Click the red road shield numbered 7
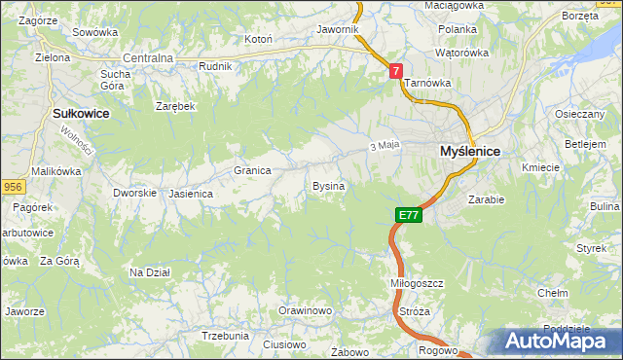(396, 70)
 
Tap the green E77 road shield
(409, 215)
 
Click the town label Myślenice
(469, 152)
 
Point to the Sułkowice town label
(80, 114)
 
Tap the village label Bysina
(328, 185)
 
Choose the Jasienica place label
(190, 194)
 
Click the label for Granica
(252, 170)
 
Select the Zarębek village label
(176, 106)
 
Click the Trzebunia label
(225, 335)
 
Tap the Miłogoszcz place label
(417, 282)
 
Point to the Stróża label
(415, 311)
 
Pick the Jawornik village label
(338, 30)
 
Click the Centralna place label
(148, 58)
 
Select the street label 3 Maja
(385, 146)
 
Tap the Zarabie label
(486, 199)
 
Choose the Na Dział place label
(150, 272)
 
